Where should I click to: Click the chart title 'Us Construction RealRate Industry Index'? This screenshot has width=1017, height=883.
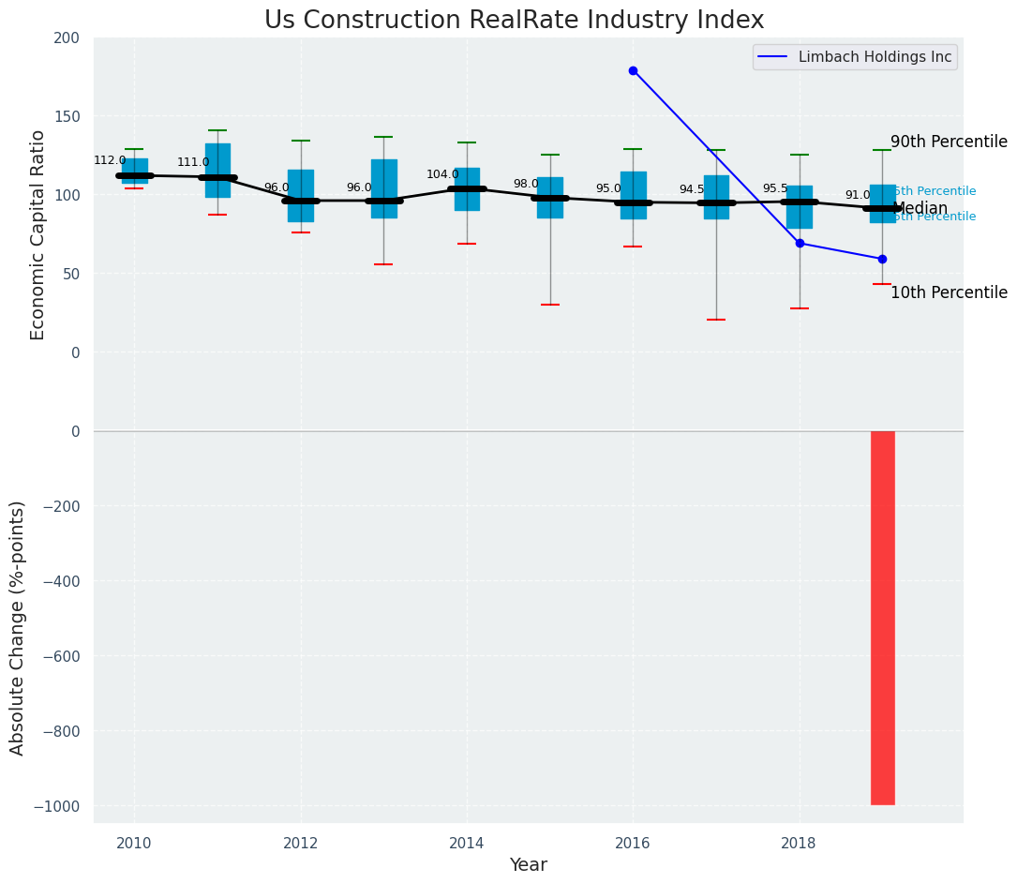(x=514, y=21)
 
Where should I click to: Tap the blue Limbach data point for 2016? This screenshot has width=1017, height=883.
(x=633, y=70)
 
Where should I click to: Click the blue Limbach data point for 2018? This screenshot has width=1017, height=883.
(x=800, y=243)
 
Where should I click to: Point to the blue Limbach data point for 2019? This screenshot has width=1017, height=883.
(x=882, y=259)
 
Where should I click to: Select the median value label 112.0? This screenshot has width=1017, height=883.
(x=110, y=160)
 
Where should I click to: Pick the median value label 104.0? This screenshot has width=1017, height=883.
(x=442, y=174)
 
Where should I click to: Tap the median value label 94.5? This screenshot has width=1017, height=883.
(x=692, y=189)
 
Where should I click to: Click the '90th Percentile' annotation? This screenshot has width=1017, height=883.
(x=948, y=142)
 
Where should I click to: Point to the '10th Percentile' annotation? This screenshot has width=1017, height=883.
(x=948, y=292)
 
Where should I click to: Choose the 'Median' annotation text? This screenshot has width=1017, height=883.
(x=921, y=209)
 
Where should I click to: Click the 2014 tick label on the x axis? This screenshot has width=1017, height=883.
(x=467, y=843)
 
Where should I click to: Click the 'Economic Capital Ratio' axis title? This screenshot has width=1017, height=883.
(x=38, y=234)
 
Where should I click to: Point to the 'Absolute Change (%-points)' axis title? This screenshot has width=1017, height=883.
(x=18, y=627)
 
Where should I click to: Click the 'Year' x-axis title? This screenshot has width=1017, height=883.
(x=528, y=865)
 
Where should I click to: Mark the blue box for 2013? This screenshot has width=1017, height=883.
(x=383, y=188)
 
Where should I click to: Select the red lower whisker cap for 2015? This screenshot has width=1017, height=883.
(x=550, y=305)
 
